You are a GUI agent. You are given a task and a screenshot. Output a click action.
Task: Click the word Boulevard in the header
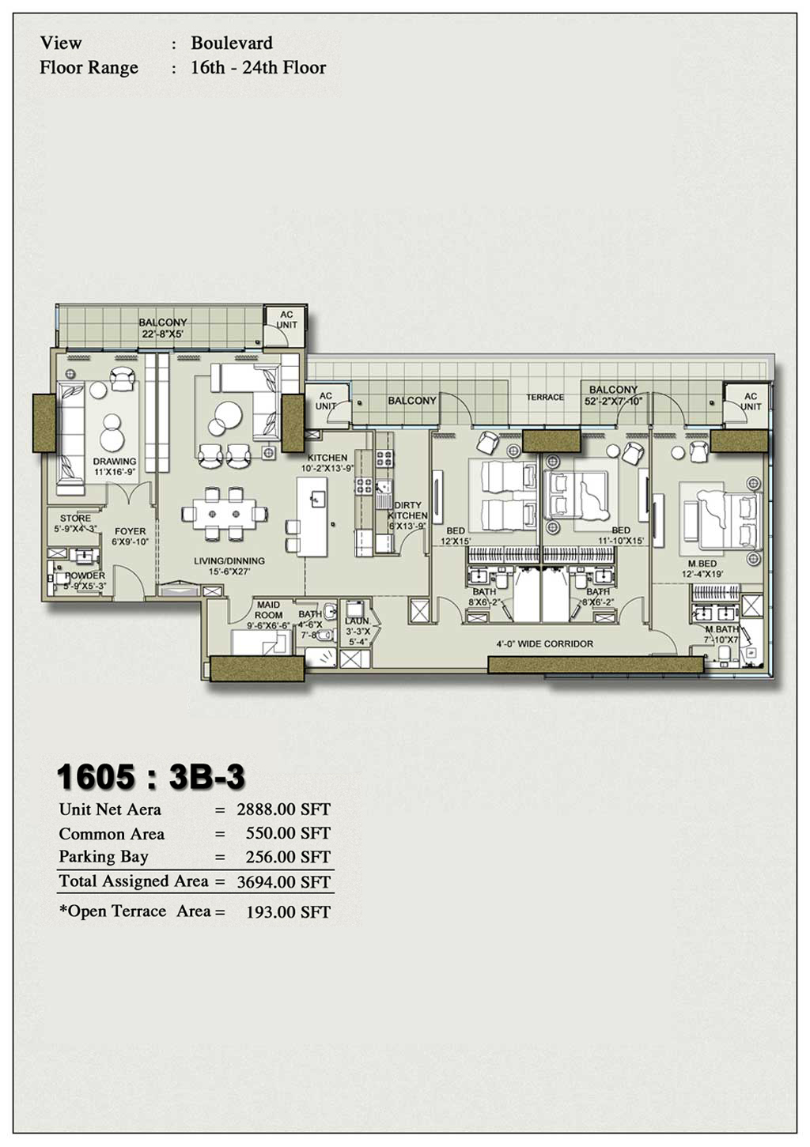click(x=232, y=43)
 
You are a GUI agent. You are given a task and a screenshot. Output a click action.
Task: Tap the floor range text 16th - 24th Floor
click(x=258, y=68)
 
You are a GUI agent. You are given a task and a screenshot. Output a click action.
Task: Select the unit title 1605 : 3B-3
click(x=151, y=777)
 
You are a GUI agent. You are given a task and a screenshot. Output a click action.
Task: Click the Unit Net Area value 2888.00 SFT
click(x=283, y=809)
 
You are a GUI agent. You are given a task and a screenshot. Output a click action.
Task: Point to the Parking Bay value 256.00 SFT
click(x=283, y=857)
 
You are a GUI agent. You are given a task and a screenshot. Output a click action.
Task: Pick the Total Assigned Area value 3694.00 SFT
click(x=283, y=882)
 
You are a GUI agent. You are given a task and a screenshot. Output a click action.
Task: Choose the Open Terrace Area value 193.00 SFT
click(x=288, y=912)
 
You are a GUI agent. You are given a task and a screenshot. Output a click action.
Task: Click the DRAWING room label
click(x=115, y=462)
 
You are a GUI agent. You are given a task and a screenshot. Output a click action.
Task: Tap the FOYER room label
click(x=131, y=532)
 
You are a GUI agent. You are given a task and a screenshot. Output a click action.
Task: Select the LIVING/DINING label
click(x=229, y=561)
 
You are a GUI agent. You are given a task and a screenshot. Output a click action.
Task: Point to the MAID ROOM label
click(x=269, y=610)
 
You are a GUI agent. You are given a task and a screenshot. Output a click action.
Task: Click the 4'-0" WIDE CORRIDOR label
click(x=545, y=644)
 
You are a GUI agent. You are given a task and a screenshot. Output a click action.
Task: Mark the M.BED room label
click(x=702, y=564)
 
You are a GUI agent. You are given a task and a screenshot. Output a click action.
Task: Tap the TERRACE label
click(x=546, y=398)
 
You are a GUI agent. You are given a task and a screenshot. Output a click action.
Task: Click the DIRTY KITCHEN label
click(x=408, y=510)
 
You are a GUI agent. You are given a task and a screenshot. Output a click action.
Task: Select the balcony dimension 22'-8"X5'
click(x=163, y=334)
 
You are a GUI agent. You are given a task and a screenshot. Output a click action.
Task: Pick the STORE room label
click(x=75, y=519)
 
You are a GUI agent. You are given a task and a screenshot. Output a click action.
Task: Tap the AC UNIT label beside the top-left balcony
click(x=286, y=319)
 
